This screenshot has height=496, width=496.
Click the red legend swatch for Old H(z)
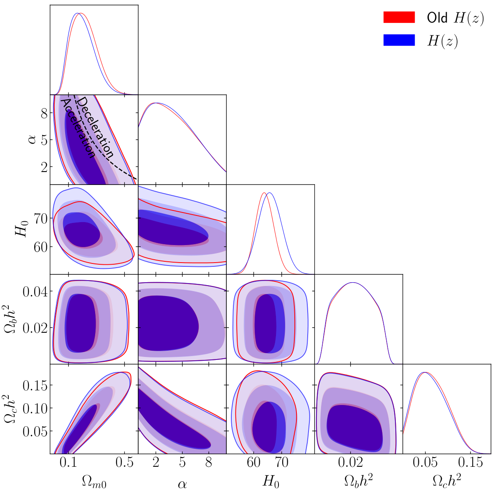pyautogui.click(x=399, y=17)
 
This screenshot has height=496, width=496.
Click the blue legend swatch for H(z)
pyautogui.click(x=399, y=40)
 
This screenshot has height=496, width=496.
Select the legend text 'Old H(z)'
pyautogui.click(x=455, y=18)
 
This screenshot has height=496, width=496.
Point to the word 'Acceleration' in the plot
pyautogui.click(x=78, y=128)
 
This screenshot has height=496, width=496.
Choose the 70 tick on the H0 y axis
pyautogui.click(x=40, y=218)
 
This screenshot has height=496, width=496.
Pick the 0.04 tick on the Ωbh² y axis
pyautogui.click(x=35, y=291)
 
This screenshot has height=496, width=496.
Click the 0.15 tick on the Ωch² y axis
pyautogui.click(x=35, y=386)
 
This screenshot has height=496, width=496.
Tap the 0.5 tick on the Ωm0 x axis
pyautogui.click(x=124, y=463)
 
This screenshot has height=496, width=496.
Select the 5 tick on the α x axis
pyautogui.click(x=182, y=463)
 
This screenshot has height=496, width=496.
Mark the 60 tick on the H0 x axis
pyautogui.click(x=254, y=463)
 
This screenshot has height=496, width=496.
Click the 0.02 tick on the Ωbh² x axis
pyautogui.click(x=350, y=463)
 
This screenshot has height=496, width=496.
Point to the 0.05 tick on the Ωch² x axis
pyautogui.click(x=425, y=463)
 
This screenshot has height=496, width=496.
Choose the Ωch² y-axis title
pyautogui.click(x=10, y=409)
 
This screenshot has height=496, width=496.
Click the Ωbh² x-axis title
pyautogui.click(x=358, y=481)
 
